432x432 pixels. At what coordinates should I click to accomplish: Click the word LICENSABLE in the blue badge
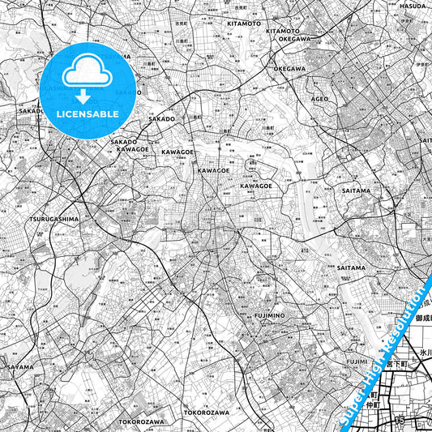[88, 113]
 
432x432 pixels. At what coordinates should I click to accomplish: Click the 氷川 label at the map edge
[426, 353]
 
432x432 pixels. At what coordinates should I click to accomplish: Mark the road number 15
[399, 421]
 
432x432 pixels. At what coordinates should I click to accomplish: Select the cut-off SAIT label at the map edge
[425, 140]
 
